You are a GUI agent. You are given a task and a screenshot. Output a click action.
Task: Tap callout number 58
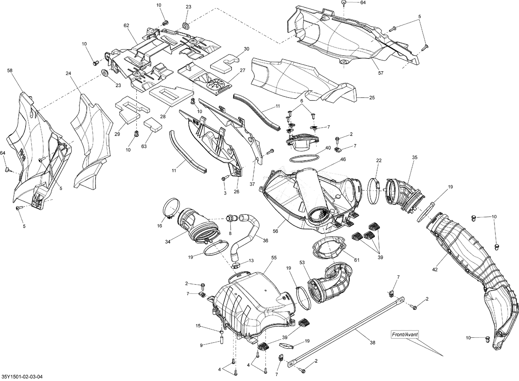tap(10, 71)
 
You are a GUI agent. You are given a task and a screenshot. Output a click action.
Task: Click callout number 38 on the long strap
tap(372, 343)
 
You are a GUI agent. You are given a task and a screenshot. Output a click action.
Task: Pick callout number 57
tap(381, 73)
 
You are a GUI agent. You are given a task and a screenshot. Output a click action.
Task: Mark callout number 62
tap(126, 25)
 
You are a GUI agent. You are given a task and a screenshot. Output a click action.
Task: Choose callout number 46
tap(343, 159)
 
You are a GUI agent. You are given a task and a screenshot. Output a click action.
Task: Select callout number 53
tap(302, 263)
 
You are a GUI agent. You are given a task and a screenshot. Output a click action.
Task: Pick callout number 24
tap(68, 73)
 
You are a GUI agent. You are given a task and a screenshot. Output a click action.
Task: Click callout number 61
tap(357, 260)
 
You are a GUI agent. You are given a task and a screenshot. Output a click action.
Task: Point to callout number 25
tap(372, 98)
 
